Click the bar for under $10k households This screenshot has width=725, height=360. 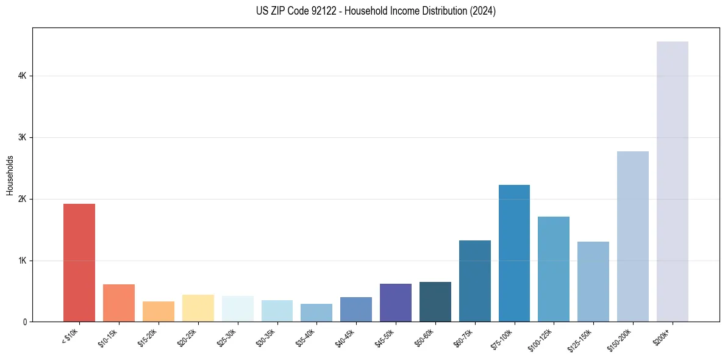tap(79, 262)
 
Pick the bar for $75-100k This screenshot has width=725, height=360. tap(514, 253)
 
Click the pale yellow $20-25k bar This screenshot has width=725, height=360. tap(198, 308)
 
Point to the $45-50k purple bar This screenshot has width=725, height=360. tap(396, 303)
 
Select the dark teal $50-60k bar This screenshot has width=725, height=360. tap(435, 302)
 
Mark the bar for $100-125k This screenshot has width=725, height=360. tap(554, 269)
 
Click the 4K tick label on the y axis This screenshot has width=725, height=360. tap(22, 76)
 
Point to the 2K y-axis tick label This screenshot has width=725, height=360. tap(22, 199)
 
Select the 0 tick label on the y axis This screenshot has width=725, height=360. tap(25, 322)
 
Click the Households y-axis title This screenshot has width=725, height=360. tap(10, 175)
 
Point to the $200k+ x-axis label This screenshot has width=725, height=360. tap(666, 336)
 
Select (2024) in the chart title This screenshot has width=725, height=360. tap(482, 11)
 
